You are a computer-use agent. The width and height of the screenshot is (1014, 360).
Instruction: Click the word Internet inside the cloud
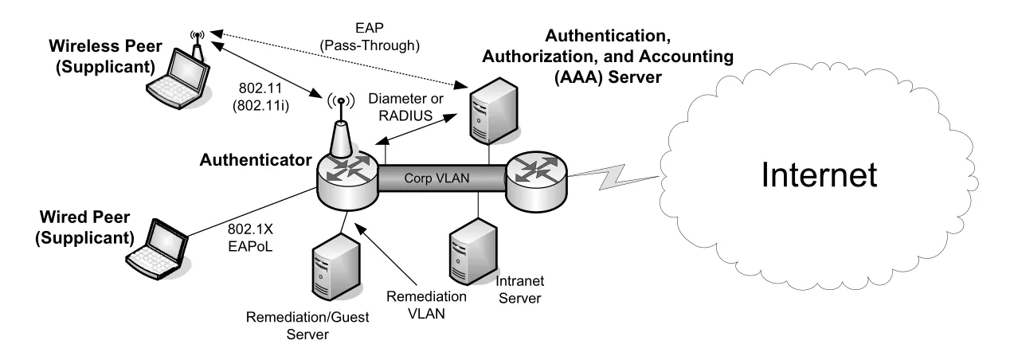coord(819,174)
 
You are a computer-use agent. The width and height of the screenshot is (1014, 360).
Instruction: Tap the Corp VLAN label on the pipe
coord(437,178)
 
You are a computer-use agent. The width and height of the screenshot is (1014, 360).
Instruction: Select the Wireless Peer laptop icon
coord(178,77)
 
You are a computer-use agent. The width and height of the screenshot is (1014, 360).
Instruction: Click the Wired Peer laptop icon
coord(157,249)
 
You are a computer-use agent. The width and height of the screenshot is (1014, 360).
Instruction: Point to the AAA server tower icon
coord(493,112)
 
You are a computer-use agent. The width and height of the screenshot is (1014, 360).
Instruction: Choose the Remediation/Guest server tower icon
coord(336,267)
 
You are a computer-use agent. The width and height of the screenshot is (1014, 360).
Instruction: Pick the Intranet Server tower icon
coord(473,252)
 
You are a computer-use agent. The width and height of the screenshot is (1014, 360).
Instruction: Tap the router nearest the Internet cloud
coord(536,182)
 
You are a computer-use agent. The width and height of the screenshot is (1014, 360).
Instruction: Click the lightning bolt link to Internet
coord(613,177)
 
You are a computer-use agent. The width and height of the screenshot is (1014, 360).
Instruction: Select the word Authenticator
coord(256,160)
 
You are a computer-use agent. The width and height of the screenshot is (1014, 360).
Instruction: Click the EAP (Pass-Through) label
coord(370,37)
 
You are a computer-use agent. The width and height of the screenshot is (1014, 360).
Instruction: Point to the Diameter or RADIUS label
coord(405,107)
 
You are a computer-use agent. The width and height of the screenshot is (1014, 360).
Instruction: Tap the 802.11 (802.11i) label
coord(260,96)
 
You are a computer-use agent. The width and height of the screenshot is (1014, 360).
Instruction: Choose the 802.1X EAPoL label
coord(250,237)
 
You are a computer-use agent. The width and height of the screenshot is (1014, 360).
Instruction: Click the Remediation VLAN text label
coord(426,305)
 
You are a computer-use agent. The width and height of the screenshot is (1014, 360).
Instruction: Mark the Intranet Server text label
coord(519,290)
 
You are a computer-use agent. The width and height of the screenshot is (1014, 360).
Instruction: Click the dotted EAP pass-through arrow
coord(339,59)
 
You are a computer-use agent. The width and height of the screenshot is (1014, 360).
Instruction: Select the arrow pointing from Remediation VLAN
coord(386,254)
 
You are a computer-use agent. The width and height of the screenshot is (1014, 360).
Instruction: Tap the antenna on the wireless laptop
coord(197,44)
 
